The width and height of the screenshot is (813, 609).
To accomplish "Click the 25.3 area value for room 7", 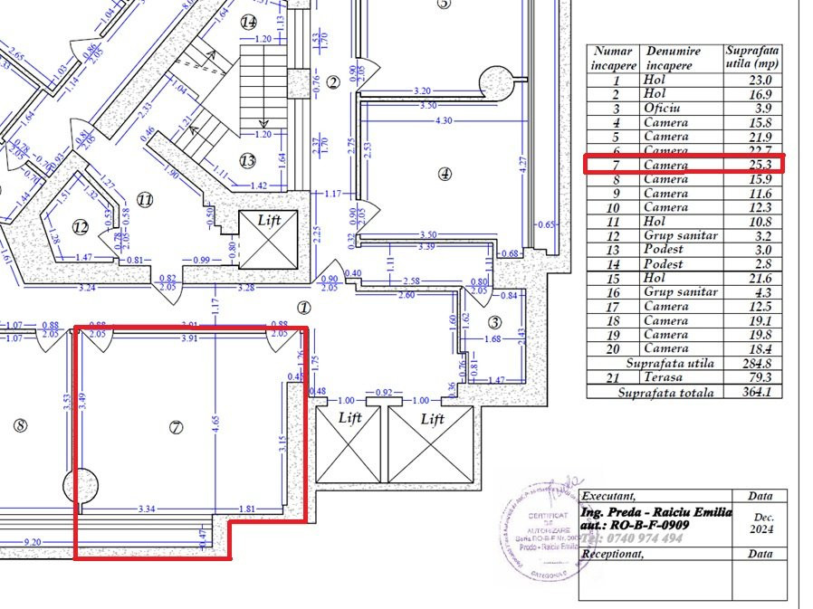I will click(x=752, y=165).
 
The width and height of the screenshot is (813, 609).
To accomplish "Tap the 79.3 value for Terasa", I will click(x=752, y=377).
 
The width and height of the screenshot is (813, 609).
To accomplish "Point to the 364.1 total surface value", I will click(x=752, y=392).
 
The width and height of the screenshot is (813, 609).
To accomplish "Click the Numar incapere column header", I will click(x=613, y=58).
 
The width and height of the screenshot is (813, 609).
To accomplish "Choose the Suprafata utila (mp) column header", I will click(x=752, y=58).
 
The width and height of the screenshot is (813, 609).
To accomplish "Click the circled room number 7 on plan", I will click(x=177, y=427).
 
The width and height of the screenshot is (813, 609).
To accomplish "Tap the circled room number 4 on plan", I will click(x=444, y=174).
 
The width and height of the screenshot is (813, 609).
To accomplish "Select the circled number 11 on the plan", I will click(x=145, y=198).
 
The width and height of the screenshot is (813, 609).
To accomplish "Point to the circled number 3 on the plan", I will click(x=494, y=322).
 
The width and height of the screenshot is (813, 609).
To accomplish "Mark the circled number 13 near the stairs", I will click(x=248, y=160).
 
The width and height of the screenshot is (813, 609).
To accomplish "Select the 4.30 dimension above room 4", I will click(x=443, y=119).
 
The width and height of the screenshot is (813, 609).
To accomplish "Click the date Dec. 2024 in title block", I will click(x=760, y=524).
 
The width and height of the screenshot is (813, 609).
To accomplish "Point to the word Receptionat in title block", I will click(x=613, y=554).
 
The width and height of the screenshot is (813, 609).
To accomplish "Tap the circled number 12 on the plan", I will click(x=81, y=226).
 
